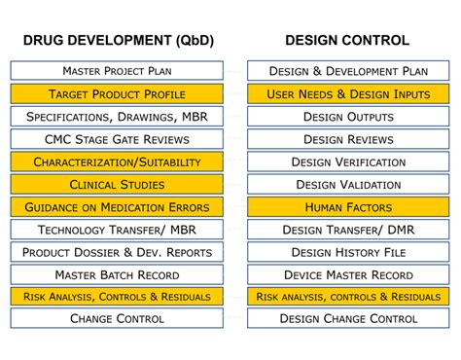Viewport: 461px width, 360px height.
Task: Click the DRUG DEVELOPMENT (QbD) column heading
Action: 117,40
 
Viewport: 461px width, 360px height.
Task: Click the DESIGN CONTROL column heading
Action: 346,40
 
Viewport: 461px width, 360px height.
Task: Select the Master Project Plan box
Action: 117,71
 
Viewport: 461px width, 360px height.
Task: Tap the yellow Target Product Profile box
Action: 117,93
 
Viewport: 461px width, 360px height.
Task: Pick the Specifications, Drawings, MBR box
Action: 117,116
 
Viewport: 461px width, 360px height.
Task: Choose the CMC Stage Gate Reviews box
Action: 117,139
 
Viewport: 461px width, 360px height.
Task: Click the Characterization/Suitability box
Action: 117,162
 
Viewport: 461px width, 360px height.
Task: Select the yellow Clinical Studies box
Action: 117,184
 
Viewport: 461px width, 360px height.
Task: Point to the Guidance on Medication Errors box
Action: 117,206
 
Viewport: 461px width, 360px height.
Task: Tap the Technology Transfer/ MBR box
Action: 117,230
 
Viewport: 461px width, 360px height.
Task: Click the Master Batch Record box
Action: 117,274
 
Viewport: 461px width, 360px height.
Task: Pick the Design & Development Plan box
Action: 348,71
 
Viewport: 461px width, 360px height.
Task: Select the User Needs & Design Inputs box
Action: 348,93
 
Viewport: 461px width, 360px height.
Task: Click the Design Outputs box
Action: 348,116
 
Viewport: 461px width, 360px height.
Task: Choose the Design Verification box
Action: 348,162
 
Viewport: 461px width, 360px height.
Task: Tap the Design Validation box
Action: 348,184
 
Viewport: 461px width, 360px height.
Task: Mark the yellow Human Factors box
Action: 348,206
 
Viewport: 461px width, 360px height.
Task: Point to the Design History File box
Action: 348,252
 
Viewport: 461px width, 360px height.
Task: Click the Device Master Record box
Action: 348,274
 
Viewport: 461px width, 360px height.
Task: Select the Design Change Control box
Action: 348,318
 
